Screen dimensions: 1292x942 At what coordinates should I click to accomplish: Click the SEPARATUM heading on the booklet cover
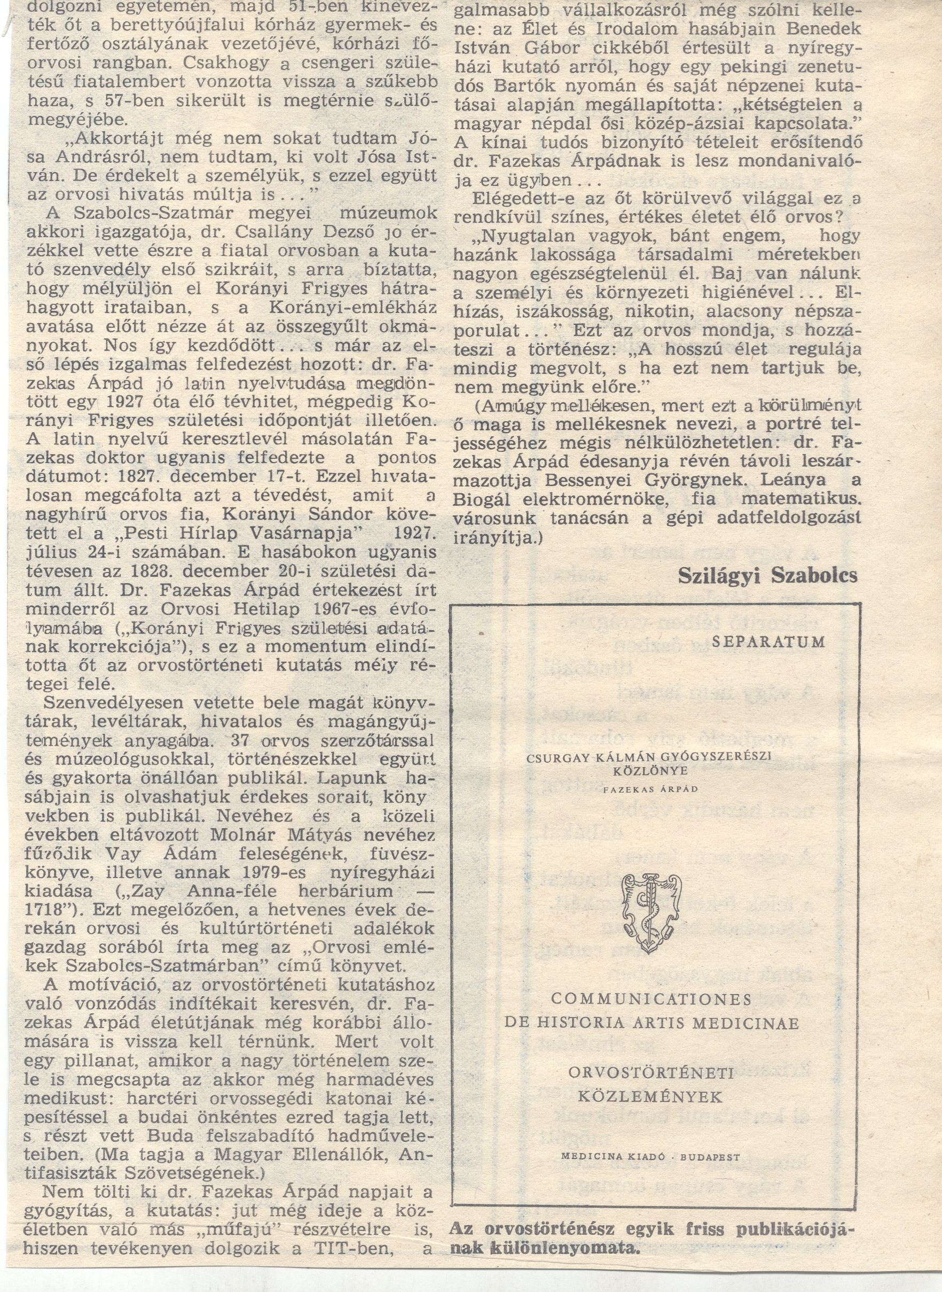click(768, 641)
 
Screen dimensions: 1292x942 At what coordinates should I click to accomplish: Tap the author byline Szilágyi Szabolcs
click(767, 575)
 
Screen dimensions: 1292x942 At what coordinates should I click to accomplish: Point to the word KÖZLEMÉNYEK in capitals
click(650, 1097)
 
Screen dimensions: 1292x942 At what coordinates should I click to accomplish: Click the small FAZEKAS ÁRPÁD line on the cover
click(650, 789)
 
